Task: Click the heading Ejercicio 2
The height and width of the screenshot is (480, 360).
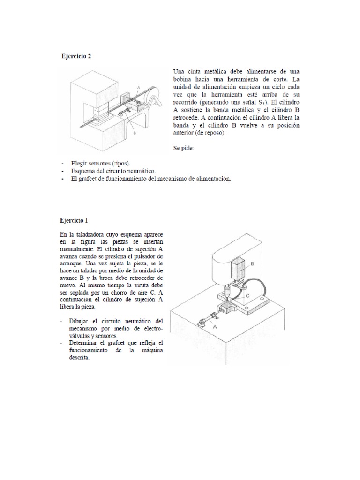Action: pos(76,56)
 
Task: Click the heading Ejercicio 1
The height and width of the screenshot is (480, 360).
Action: pos(74,220)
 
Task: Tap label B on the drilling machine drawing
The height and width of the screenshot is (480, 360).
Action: pos(252,264)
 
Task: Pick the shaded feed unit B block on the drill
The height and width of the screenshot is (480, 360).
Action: pos(239,270)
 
